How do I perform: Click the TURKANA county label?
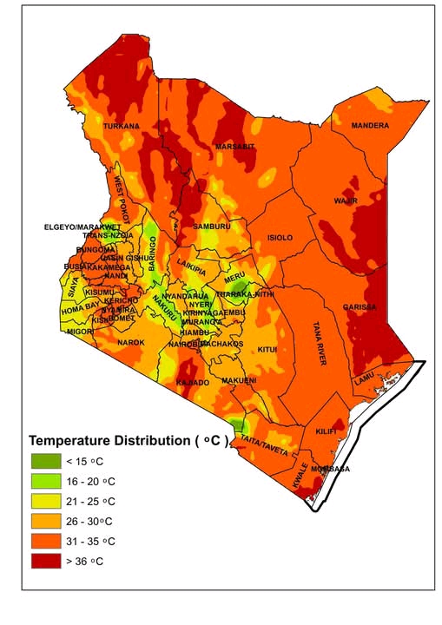click(121, 126)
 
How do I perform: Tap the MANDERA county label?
click(370, 126)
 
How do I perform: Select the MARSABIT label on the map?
click(235, 147)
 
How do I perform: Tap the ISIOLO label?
click(280, 237)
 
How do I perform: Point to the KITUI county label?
click(267, 349)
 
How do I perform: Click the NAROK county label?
click(130, 343)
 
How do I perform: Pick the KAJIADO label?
click(193, 382)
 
